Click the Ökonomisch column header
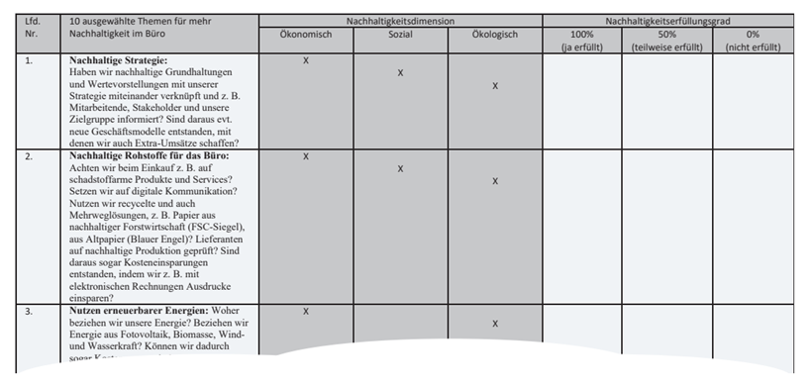305,35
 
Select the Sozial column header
400,35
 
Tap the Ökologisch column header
494,35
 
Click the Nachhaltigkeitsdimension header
400,20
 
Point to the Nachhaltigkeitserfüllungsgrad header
670,20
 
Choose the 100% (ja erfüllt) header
581,41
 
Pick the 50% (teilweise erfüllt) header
666,41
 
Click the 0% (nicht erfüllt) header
753,41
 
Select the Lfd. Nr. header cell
32,27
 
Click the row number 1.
30,61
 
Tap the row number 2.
30,156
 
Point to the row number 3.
30,311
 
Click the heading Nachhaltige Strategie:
119,61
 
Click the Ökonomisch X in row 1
305,60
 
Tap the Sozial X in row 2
400,168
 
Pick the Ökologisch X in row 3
494,324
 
